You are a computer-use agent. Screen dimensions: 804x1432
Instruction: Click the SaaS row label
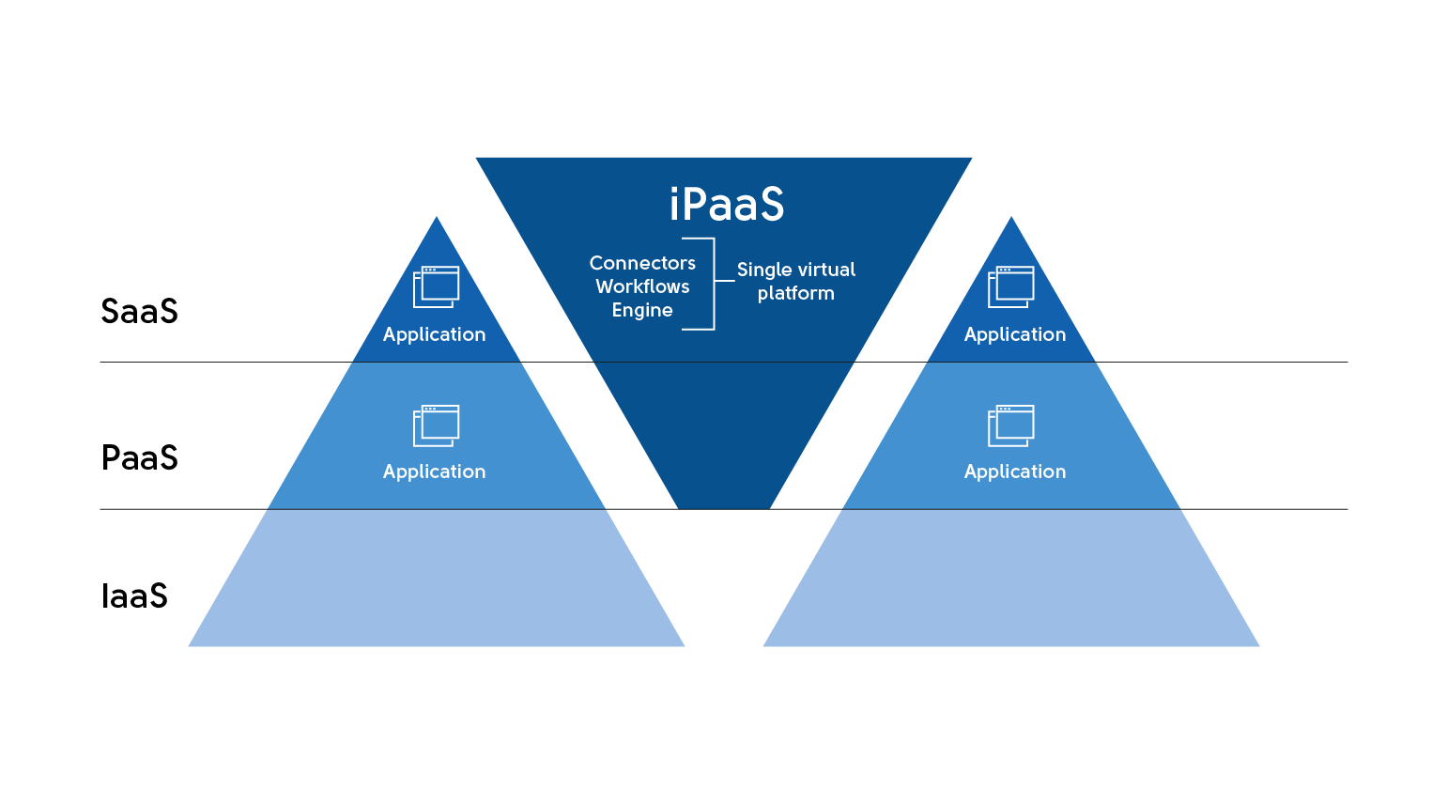pos(139,312)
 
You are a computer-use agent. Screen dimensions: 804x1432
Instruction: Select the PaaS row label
pos(139,458)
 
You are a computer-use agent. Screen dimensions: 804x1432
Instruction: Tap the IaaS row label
pos(134,596)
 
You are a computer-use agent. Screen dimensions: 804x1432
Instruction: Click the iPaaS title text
pos(726,205)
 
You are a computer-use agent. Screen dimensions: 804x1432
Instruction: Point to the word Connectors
pos(642,263)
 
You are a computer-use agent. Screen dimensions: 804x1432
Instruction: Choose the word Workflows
pos(642,286)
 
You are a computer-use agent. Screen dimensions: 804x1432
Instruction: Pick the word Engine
pos(642,310)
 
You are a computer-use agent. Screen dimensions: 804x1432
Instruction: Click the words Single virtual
pos(796,270)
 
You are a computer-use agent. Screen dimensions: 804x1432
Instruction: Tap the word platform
pos(796,293)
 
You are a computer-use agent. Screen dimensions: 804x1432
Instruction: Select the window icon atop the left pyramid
pos(437,286)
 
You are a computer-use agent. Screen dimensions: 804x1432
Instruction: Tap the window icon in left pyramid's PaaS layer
pos(437,425)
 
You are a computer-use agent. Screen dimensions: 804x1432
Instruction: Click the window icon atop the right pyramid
pos(1011,286)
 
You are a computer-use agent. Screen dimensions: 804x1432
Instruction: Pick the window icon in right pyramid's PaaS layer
pos(1011,425)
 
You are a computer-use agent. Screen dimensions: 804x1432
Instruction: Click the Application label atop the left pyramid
pos(434,334)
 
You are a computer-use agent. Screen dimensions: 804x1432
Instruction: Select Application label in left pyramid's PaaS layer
pos(434,472)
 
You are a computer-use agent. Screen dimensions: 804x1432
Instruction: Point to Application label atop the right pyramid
pos(1015,334)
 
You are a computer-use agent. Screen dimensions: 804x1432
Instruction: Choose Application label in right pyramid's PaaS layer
pos(1015,472)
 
